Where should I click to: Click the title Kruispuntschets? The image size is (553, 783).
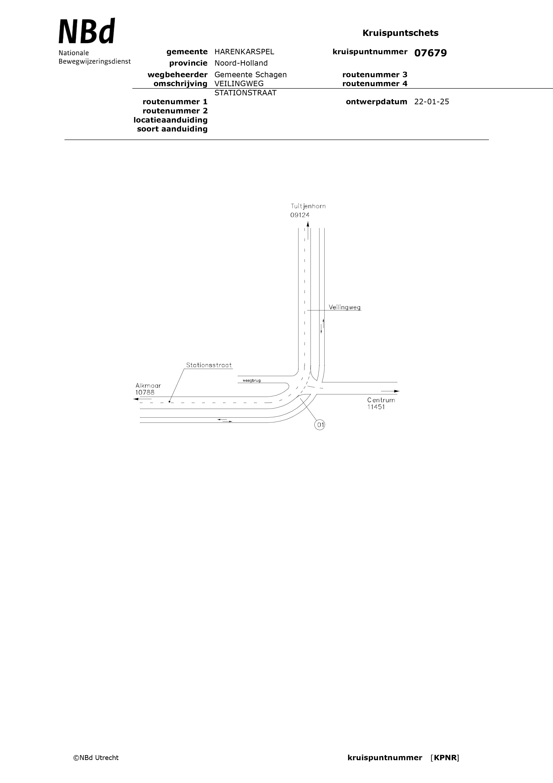(x=400, y=33)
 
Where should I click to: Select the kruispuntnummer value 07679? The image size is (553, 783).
(x=430, y=53)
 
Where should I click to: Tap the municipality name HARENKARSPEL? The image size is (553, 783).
(x=244, y=52)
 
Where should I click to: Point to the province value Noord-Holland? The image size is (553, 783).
(x=241, y=63)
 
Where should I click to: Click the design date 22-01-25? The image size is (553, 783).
(x=432, y=102)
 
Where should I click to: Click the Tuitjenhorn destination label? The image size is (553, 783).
(x=308, y=206)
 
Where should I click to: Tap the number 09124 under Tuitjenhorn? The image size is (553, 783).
(x=300, y=215)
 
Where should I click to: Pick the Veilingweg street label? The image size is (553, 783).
(x=344, y=307)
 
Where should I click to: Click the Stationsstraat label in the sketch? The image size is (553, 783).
(x=209, y=365)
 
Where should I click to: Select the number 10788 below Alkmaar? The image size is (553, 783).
(x=145, y=393)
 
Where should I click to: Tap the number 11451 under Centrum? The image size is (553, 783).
(x=376, y=407)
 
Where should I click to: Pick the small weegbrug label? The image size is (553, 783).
(x=252, y=380)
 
